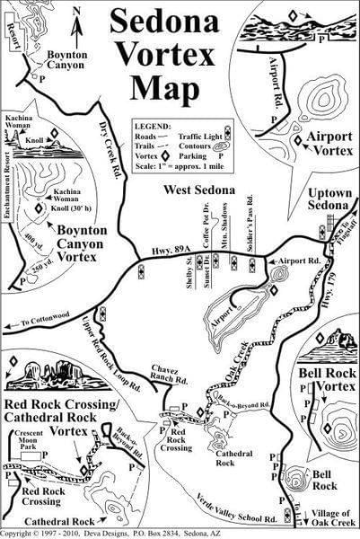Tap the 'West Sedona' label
pos(199,190)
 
